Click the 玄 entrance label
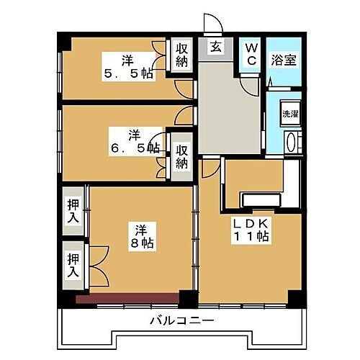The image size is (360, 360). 215,48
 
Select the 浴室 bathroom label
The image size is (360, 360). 282,60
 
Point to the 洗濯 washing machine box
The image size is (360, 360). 289,114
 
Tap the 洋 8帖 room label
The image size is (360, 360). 142,237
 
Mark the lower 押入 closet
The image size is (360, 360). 73,265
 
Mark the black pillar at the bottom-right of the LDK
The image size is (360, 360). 294,297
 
